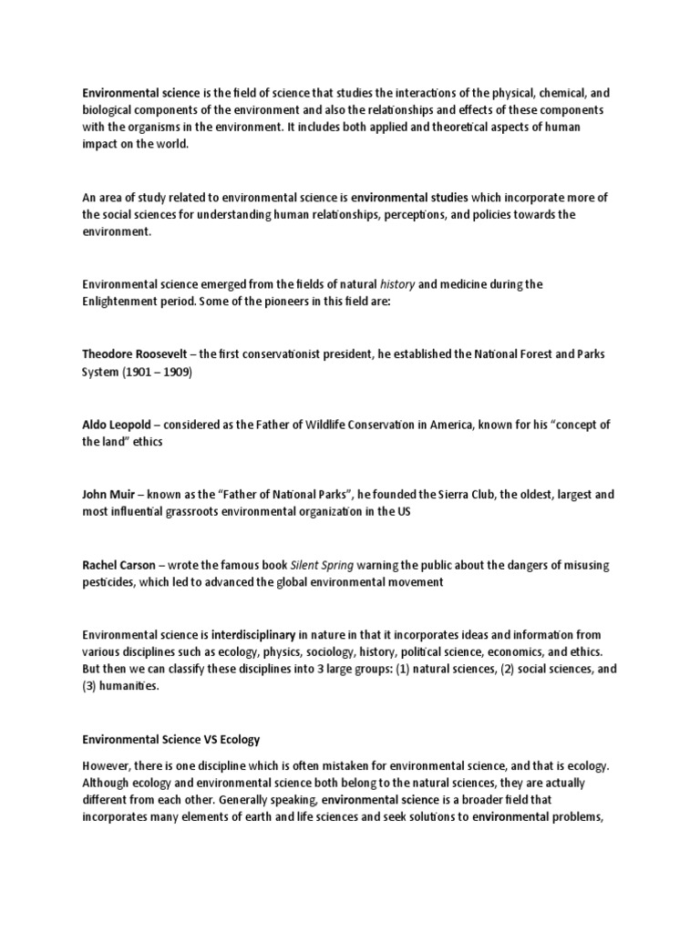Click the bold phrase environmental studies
[410, 196]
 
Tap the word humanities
[131, 686]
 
